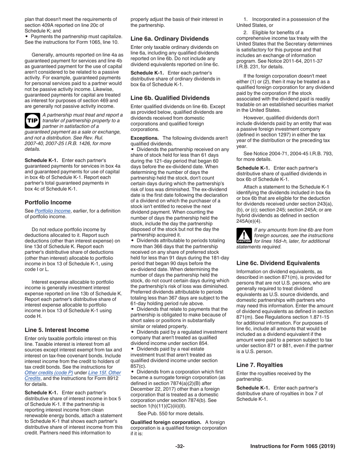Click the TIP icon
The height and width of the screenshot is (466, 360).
click(x=32, y=120)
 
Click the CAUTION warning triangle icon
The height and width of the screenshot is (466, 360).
click(x=244, y=235)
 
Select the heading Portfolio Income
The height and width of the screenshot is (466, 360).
click(x=48, y=202)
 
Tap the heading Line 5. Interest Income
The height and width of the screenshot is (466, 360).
click(x=57, y=330)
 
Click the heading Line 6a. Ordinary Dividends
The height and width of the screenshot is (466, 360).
click(x=169, y=39)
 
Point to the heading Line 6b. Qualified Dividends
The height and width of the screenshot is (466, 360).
click(x=170, y=98)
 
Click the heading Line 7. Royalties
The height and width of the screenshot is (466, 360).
click(x=260, y=365)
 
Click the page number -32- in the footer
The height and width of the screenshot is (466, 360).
click(x=180, y=446)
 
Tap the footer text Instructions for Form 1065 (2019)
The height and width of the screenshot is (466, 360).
click(x=293, y=446)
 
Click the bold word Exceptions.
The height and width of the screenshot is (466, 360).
click(x=144, y=138)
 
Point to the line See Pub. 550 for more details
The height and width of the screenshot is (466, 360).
click(x=171, y=413)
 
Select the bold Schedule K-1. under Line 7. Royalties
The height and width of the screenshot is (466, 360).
click(x=253, y=388)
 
